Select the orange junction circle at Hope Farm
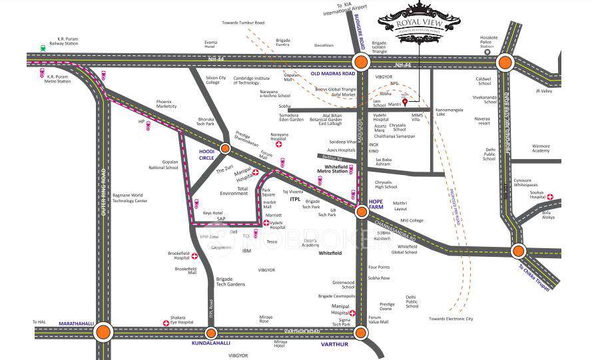[x=362, y=212]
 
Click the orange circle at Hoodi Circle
[x=226, y=148]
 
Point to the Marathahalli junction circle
[x=103, y=332]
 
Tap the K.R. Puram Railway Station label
[x=67, y=42]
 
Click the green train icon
[x=43, y=48]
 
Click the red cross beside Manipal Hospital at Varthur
[x=352, y=313]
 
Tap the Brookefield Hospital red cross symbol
[x=194, y=256]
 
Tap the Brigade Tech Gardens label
[x=230, y=281]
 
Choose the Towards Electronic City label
[x=451, y=319]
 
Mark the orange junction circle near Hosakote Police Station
[x=505, y=63]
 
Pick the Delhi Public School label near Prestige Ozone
[x=412, y=301]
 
